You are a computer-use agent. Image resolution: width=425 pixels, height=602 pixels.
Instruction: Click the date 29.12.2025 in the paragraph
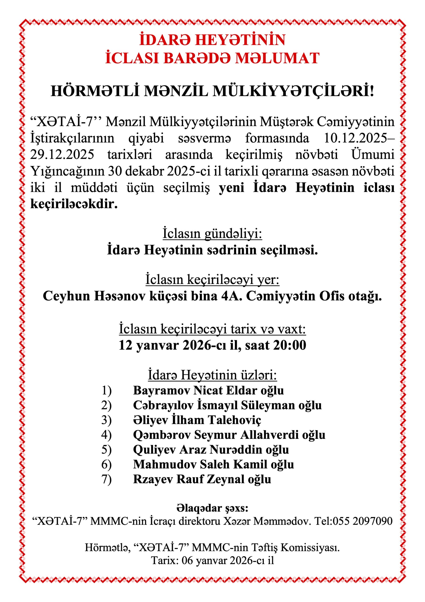[x=62, y=155]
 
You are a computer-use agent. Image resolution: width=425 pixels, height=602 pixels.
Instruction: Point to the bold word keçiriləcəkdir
[x=74, y=204]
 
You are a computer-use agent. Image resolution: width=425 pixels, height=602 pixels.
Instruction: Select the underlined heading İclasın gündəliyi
[x=212, y=234]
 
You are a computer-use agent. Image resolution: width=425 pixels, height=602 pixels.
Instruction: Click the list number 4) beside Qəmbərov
[x=107, y=435]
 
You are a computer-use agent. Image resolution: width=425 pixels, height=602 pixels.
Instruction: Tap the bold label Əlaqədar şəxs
[x=212, y=508]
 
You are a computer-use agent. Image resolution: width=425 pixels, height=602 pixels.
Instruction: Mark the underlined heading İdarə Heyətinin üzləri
[x=212, y=375]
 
